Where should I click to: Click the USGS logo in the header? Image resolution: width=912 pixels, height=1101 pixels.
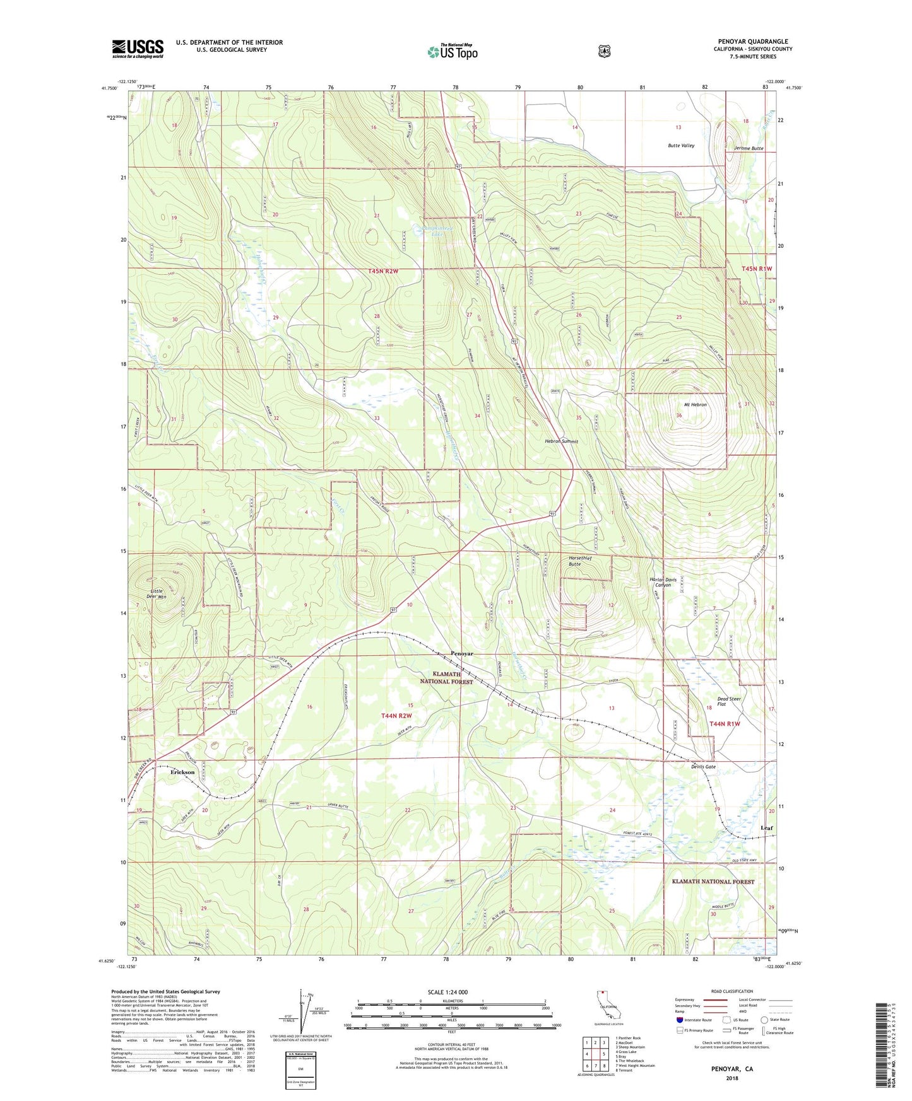pyautogui.click(x=138, y=49)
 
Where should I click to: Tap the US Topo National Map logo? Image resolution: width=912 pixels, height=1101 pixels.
pyautogui.click(x=452, y=52)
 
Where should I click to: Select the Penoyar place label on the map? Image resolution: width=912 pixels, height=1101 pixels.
pyautogui.click(x=461, y=654)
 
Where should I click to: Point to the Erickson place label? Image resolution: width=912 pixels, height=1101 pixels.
pyautogui.click(x=182, y=772)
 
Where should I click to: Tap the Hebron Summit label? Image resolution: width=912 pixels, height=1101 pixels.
pyautogui.click(x=561, y=441)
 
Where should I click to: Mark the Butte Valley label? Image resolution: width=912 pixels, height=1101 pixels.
pyautogui.click(x=681, y=146)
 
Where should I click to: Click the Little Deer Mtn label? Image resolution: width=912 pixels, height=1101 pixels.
pyautogui.click(x=155, y=593)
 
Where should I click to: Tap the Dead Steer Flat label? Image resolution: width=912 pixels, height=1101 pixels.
pyautogui.click(x=729, y=701)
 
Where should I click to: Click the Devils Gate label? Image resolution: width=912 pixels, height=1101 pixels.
pyautogui.click(x=703, y=767)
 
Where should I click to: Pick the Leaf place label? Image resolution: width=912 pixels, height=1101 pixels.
pyautogui.click(x=766, y=828)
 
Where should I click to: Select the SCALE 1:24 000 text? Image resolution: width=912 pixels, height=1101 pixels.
pyautogui.click(x=447, y=992)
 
